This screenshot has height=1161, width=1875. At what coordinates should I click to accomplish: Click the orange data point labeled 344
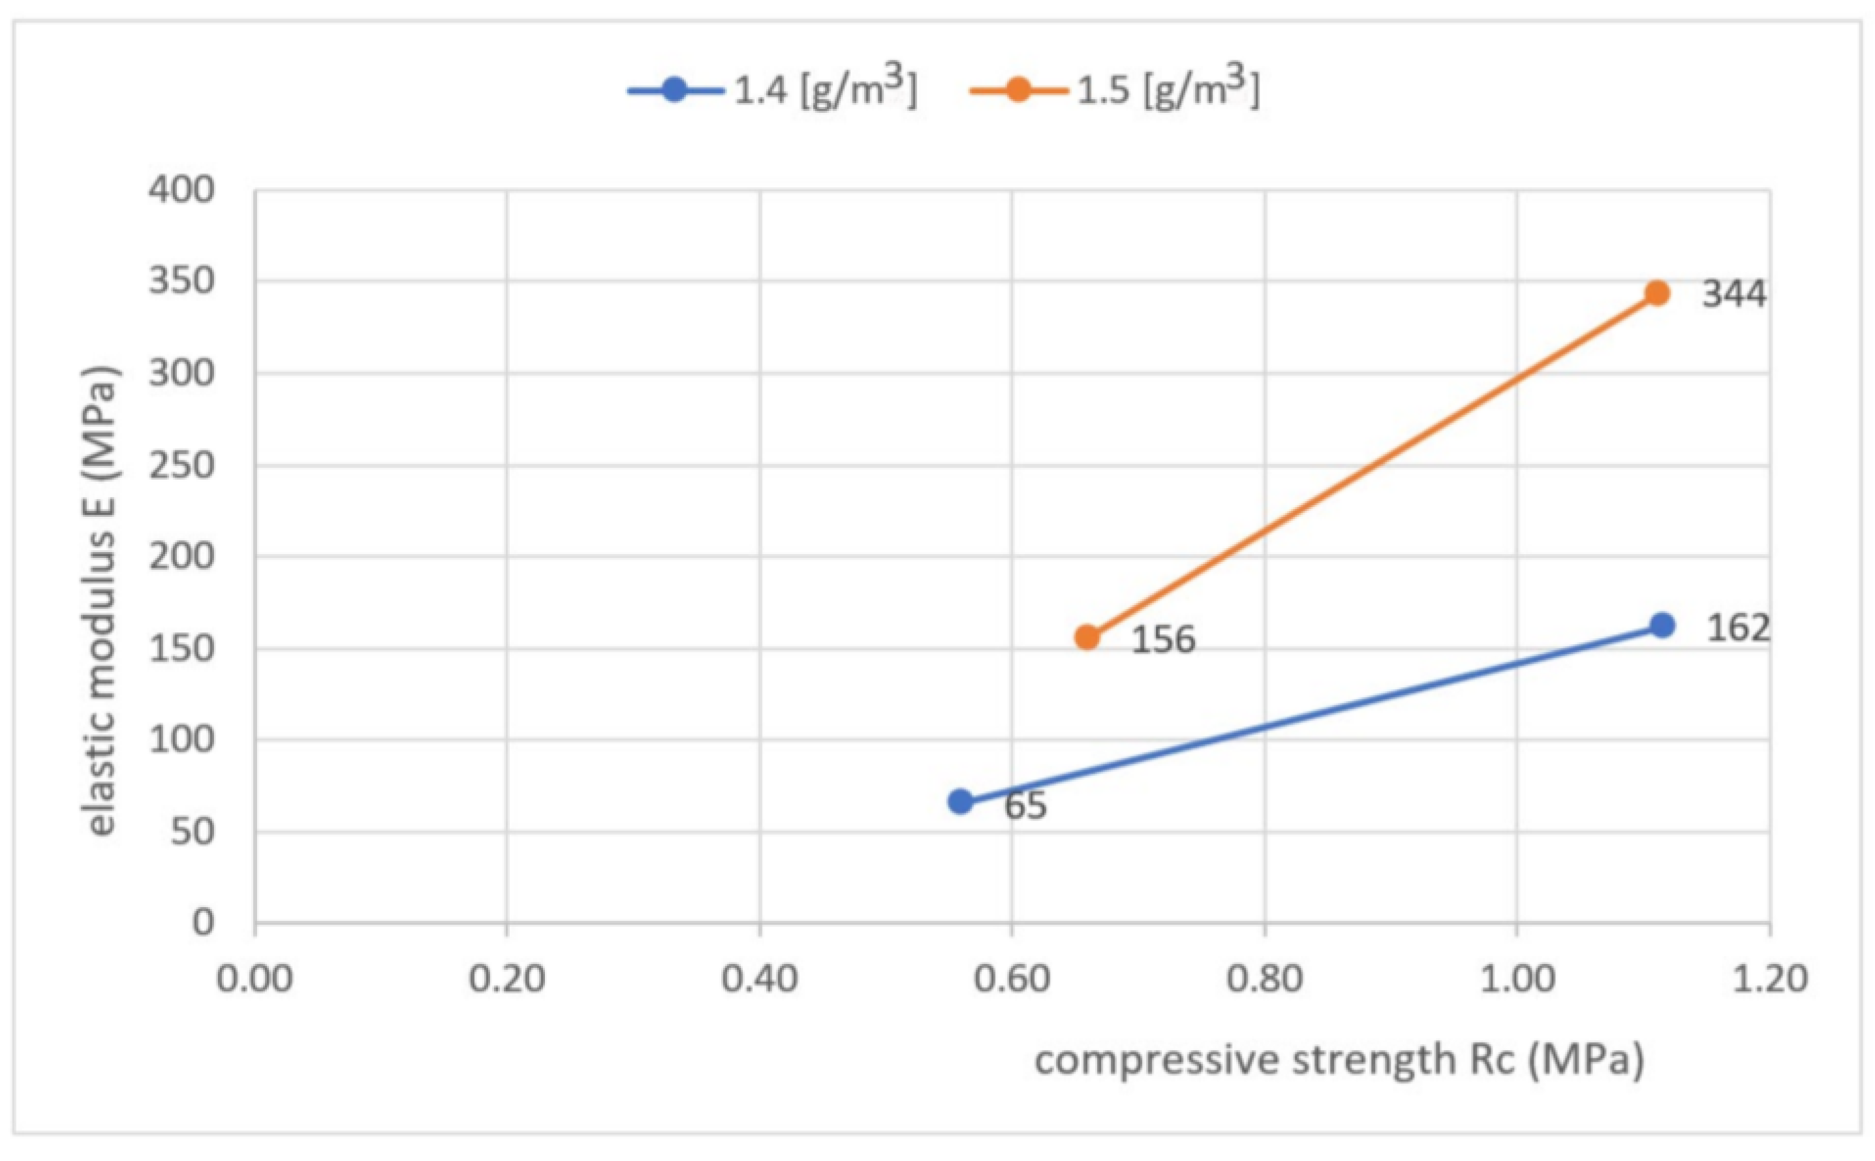1657,293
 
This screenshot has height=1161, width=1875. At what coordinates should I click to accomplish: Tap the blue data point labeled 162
1662,626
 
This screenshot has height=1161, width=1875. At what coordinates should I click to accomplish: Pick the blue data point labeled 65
961,801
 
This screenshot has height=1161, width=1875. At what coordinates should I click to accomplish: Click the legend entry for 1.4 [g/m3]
771,91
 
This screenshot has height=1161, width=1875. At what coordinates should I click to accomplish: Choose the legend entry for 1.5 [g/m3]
1115,91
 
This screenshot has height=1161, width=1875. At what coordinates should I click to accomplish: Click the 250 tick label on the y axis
182,465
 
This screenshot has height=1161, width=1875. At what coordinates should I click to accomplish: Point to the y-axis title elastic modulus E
101,600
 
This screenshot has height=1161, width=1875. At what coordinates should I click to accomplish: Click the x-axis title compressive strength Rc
1339,1060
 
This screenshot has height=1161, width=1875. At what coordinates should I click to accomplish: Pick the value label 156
1163,640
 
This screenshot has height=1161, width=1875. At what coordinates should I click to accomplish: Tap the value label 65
1026,805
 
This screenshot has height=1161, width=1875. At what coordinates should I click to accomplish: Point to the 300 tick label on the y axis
182,373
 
